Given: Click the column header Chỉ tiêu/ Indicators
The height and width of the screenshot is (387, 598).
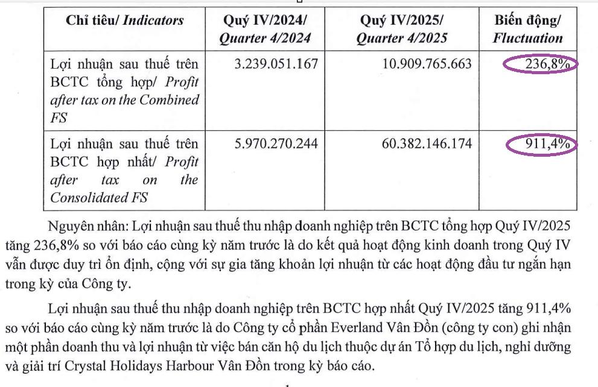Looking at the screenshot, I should [x=125, y=20].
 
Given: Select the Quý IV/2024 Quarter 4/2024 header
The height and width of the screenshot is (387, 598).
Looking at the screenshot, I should [x=266, y=29].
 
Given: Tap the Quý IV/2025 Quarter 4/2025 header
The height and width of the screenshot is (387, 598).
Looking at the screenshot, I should [x=402, y=29].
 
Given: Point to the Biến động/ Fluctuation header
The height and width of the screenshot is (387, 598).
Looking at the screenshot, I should [x=527, y=29].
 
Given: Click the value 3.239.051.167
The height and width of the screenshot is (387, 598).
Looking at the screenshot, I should [x=276, y=63].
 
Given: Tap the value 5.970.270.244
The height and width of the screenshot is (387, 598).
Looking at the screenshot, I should [x=276, y=145].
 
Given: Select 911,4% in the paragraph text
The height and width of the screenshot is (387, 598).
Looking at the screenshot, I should [x=544, y=309].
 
